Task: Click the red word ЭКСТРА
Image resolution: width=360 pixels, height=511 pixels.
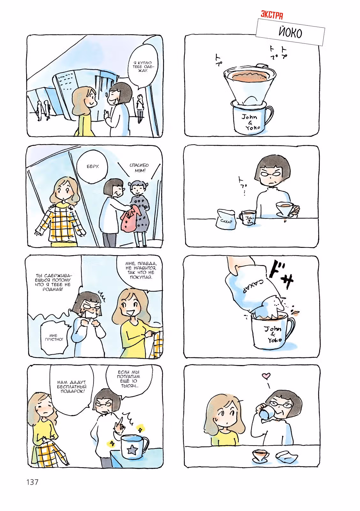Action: pyautogui.click(x=272, y=16)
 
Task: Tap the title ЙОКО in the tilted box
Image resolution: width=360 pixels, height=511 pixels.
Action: pyautogui.click(x=290, y=32)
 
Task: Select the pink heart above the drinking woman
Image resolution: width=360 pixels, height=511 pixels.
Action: pyautogui.click(x=266, y=376)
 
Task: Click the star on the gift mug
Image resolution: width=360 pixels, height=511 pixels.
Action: pyautogui.click(x=131, y=450)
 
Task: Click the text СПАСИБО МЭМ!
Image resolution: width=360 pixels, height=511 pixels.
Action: pyautogui.click(x=139, y=168)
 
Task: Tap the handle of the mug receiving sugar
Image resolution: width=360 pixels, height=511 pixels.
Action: pyautogui.click(x=289, y=329)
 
